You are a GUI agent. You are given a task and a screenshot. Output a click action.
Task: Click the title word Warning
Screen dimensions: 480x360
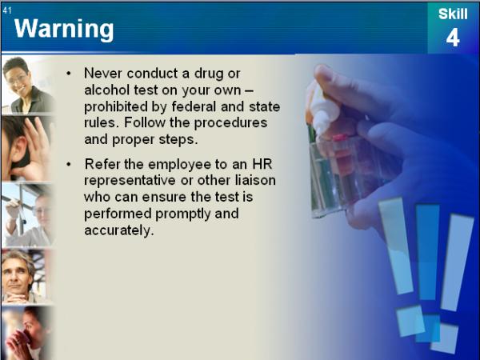[64, 30]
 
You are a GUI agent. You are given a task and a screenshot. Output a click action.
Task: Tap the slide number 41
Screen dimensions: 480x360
[7, 10]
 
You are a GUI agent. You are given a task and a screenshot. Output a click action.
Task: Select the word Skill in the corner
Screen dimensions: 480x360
[453, 14]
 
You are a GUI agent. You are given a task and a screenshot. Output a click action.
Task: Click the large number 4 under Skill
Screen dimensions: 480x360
[453, 38]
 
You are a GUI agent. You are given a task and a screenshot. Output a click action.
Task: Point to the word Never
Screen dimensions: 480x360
[103, 74]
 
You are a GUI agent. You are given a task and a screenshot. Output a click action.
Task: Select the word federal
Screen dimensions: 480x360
[192, 106]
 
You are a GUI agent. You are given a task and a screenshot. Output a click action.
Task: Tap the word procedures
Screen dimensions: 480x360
[230, 123]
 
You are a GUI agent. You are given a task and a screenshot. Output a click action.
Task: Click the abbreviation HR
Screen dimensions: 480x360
[262, 164]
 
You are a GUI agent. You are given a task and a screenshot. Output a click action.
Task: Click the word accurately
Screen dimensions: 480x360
[118, 230]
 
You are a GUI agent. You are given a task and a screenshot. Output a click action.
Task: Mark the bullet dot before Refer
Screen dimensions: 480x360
[69, 164]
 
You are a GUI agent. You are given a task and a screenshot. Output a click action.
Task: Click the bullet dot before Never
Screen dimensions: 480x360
[69, 74]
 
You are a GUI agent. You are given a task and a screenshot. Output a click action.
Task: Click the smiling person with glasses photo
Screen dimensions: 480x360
[28, 85]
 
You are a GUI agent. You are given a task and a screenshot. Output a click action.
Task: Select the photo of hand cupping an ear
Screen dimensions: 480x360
[27, 149]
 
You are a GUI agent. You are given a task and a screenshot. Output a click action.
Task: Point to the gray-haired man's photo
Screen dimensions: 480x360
[27, 277]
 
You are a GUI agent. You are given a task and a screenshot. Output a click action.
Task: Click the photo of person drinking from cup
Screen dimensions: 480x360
[27, 333]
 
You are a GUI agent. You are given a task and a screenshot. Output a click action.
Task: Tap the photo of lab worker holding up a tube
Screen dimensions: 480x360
[27, 215]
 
